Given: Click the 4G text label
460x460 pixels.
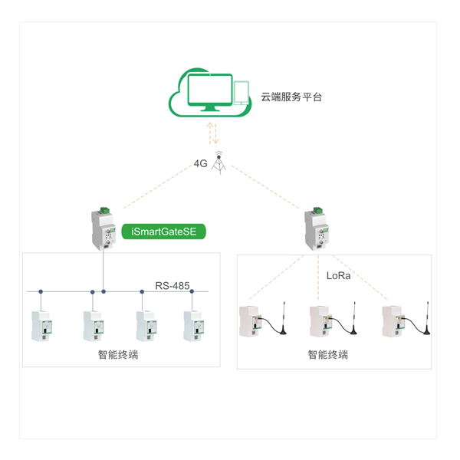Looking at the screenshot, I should (x=201, y=163).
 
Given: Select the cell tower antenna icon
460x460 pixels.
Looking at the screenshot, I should (x=219, y=163).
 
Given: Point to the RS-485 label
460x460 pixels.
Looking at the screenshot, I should (x=172, y=285).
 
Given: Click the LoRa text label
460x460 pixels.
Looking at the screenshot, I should (x=338, y=275).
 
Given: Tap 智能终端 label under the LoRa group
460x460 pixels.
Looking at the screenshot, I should (x=327, y=355).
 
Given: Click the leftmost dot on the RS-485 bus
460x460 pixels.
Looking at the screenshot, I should (x=41, y=291).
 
